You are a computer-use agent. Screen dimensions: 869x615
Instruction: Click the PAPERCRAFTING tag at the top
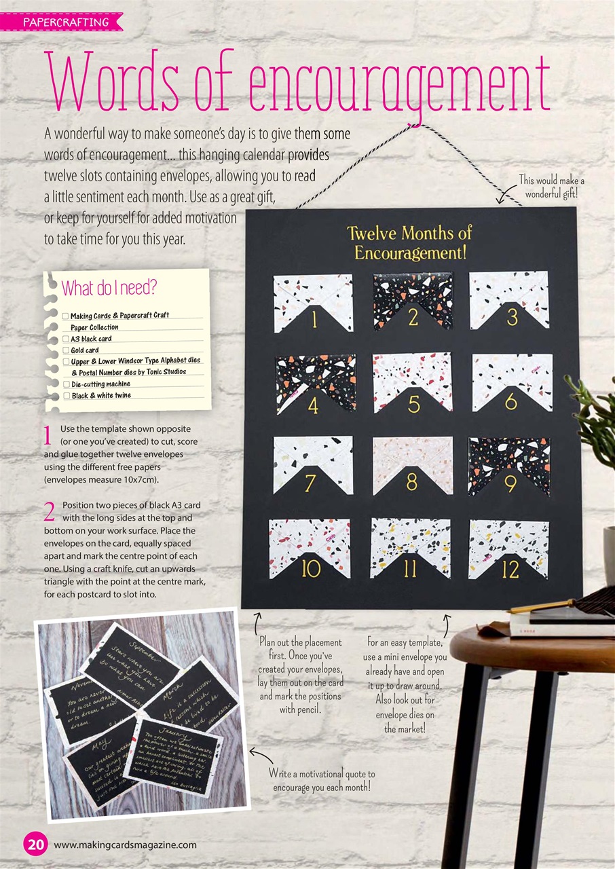[x=66, y=22]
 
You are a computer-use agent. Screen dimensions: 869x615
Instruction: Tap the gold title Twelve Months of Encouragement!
[x=409, y=243]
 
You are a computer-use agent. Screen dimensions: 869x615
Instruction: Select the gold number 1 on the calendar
[x=314, y=319]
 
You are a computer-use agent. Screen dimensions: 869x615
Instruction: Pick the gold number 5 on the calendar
[x=414, y=404]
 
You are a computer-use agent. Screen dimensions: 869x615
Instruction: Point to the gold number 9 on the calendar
[x=510, y=483]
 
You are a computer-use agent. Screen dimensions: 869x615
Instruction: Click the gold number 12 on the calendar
[x=510, y=569]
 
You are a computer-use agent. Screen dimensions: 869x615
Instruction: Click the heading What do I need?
[x=109, y=288]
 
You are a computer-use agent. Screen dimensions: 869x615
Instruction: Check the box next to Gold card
[x=66, y=350]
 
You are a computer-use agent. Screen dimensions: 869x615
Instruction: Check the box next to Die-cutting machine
[x=66, y=384]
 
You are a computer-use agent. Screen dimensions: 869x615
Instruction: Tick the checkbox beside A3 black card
[x=66, y=339]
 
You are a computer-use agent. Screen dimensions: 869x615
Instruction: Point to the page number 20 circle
[x=35, y=845]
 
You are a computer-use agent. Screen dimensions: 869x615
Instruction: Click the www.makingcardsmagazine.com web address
[x=125, y=845]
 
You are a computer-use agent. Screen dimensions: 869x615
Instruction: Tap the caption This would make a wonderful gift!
[x=551, y=187]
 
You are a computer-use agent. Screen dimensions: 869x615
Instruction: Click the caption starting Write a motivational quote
[x=322, y=780]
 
